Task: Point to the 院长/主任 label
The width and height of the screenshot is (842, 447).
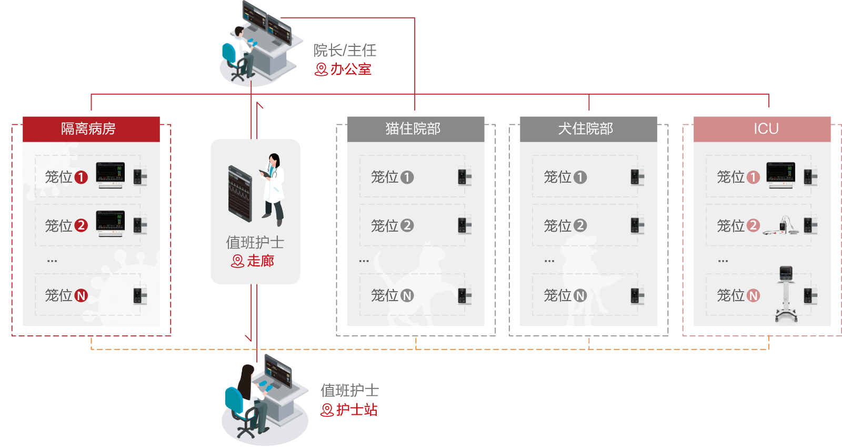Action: point(346,50)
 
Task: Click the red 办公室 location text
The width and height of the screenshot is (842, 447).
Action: point(350,69)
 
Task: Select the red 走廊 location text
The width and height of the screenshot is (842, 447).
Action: point(260,261)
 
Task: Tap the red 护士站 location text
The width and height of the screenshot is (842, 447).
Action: point(357,410)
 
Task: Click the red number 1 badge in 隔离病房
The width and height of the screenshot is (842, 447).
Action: point(81,177)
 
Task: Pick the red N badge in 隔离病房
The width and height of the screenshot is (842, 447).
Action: point(81,296)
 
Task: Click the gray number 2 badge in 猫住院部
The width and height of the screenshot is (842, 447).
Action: point(407,226)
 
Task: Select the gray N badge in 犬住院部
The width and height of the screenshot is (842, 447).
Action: point(580,296)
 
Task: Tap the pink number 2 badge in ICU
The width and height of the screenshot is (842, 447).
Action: point(753,226)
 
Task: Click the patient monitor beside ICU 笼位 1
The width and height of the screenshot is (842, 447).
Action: point(781,174)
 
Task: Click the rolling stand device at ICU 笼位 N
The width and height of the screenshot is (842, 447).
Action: point(786,295)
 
